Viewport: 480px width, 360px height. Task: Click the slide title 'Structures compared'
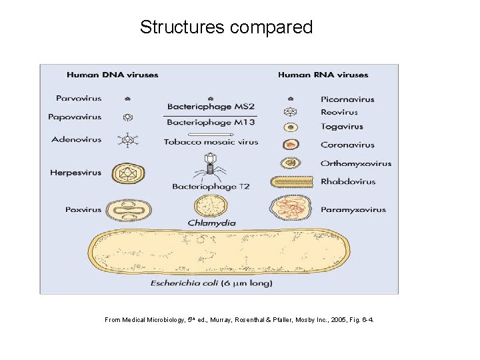pyautogui.click(x=226, y=27)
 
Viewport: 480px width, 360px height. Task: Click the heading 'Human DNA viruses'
pyautogui.click(x=112, y=75)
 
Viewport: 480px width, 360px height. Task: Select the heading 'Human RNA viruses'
pyautogui.click(x=323, y=75)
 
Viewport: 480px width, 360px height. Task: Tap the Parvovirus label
pyautogui.click(x=79, y=98)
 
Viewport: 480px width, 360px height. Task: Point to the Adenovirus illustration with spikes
pyautogui.click(x=127, y=140)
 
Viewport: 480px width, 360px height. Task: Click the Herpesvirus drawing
pyautogui.click(x=129, y=173)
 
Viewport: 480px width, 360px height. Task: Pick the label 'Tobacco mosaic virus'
pyautogui.click(x=211, y=142)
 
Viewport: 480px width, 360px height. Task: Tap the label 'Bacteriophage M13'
pyautogui.click(x=209, y=123)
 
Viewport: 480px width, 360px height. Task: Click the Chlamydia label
pyautogui.click(x=211, y=223)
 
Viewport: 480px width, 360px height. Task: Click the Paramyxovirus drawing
pyautogui.click(x=291, y=209)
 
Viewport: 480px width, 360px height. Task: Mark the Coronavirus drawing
pyautogui.click(x=290, y=145)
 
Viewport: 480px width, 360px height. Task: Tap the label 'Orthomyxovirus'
pyautogui.click(x=356, y=163)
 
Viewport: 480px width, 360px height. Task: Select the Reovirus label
pyautogui.click(x=339, y=112)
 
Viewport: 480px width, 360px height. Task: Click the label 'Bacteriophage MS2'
pyautogui.click(x=211, y=107)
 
